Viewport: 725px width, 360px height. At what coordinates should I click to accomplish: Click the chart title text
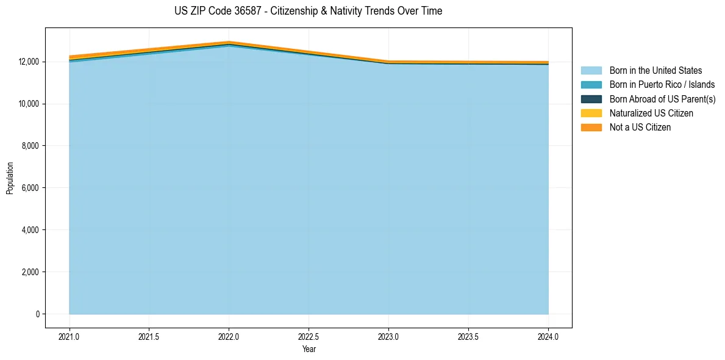coord(308,11)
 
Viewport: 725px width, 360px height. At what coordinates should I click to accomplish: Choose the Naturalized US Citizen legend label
coord(651,113)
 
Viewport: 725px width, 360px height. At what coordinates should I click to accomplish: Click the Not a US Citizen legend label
coord(640,128)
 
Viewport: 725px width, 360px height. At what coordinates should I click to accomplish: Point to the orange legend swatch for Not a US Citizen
coord(591,128)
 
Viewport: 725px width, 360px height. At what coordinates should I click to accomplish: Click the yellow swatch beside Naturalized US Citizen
coord(591,113)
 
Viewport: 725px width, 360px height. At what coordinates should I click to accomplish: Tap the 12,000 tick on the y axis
coord(29,62)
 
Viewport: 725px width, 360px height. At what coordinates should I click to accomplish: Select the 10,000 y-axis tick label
coord(29,104)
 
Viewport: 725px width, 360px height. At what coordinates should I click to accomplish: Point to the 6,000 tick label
coord(30,188)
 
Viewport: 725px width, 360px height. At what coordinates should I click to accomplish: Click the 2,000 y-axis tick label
coord(30,272)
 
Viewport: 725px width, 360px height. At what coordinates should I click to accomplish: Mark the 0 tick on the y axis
coord(37,314)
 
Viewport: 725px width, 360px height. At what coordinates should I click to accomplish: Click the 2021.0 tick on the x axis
coord(70,336)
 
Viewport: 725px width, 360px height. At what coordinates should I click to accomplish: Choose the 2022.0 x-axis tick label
coord(229,336)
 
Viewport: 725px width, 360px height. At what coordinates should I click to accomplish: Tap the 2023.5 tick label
coord(468,336)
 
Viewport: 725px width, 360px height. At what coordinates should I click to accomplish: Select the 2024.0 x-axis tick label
coord(548,336)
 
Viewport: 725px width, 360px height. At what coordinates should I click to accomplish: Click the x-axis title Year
coord(309,349)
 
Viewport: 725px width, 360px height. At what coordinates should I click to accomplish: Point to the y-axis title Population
coord(10,178)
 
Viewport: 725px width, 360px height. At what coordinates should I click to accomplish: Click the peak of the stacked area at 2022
coord(229,41)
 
